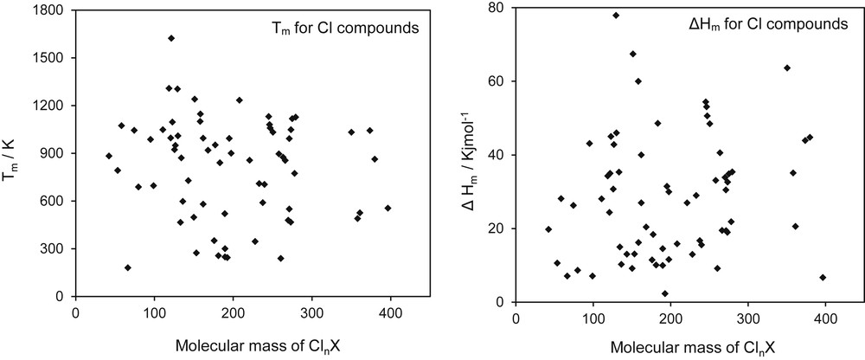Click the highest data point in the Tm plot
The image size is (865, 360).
171,38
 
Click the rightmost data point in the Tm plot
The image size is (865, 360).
388,208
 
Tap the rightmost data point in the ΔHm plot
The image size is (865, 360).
823,277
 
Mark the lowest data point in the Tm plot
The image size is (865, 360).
128,267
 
